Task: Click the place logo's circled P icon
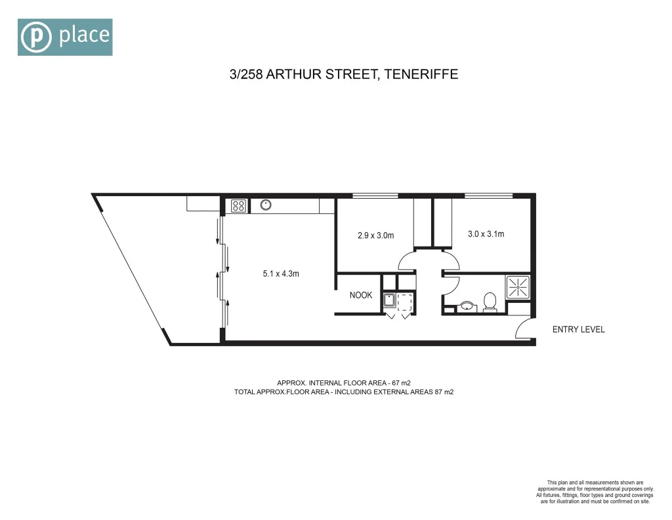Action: point(36,37)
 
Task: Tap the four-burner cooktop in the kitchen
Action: point(238,205)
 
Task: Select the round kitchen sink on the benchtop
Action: point(266,205)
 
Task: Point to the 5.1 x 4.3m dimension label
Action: point(280,274)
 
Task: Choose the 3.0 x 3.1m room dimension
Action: point(486,233)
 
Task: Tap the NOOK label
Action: point(360,295)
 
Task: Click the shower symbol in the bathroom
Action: point(517,287)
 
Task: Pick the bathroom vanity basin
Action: point(467,306)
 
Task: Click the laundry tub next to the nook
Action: point(389,301)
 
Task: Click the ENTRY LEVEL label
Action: point(578,330)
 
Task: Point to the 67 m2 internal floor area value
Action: point(400,382)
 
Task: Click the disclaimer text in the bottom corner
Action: point(595,492)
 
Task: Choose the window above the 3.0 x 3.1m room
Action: point(488,195)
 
